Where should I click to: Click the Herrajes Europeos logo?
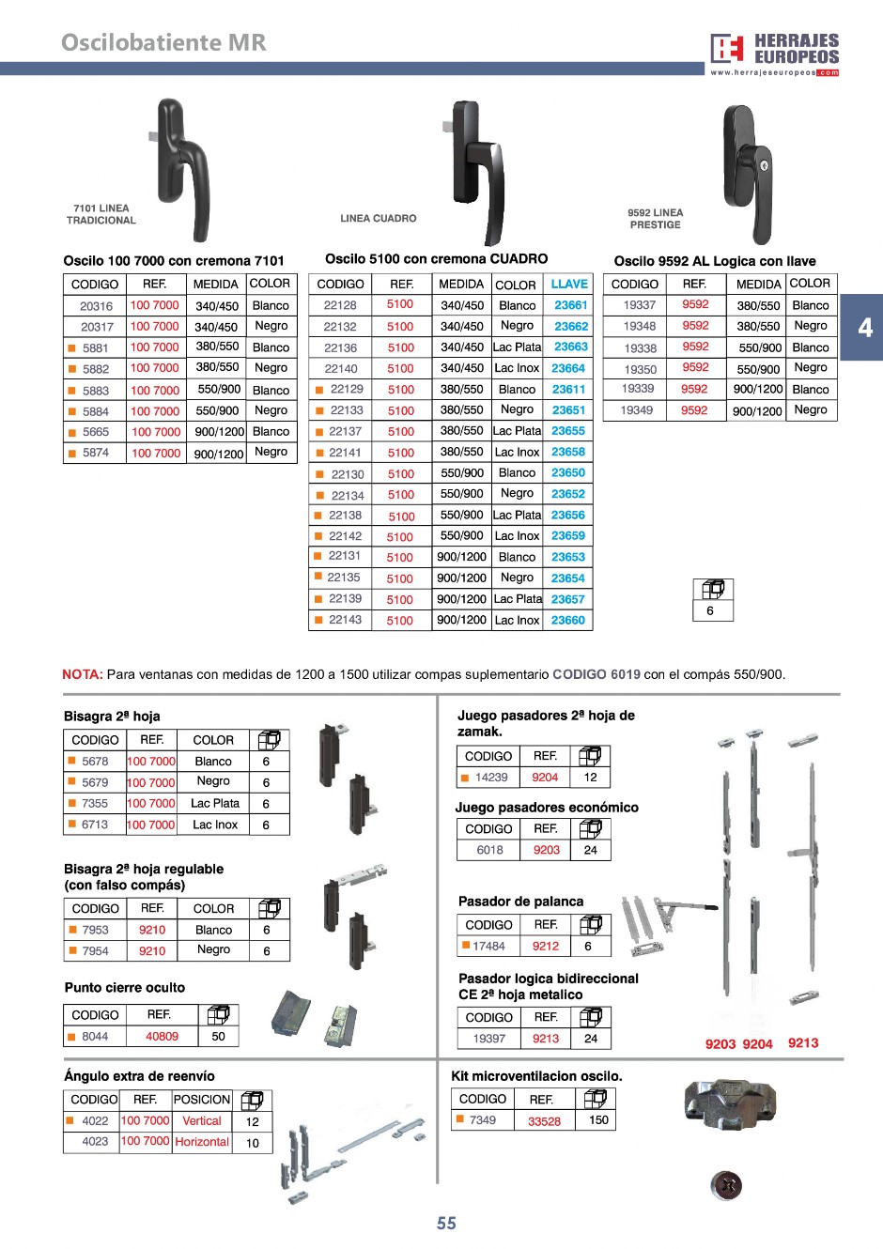point(774,54)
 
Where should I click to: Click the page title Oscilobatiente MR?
point(163,42)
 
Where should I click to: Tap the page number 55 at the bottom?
point(446,1223)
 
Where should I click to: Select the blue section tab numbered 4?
point(864,328)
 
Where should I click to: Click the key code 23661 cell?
point(570,305)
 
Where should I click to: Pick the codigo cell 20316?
point(96,306)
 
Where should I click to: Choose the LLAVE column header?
point(569,284)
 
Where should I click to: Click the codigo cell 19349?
point(636,410)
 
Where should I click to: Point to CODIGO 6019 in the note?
point(596,674)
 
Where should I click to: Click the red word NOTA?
point(82,674)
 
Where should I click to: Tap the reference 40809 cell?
point(162,1037)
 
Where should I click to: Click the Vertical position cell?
point(202,1121)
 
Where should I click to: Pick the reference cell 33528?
point(544,1120)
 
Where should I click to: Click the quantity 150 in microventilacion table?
point(598,1120)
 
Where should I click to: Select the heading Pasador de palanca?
point(520,902)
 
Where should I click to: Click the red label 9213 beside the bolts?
point(803,1043)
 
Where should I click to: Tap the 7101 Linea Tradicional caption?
point(101,214)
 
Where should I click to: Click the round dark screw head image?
point(726,1185)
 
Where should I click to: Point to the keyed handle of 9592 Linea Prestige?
point(747,174)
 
